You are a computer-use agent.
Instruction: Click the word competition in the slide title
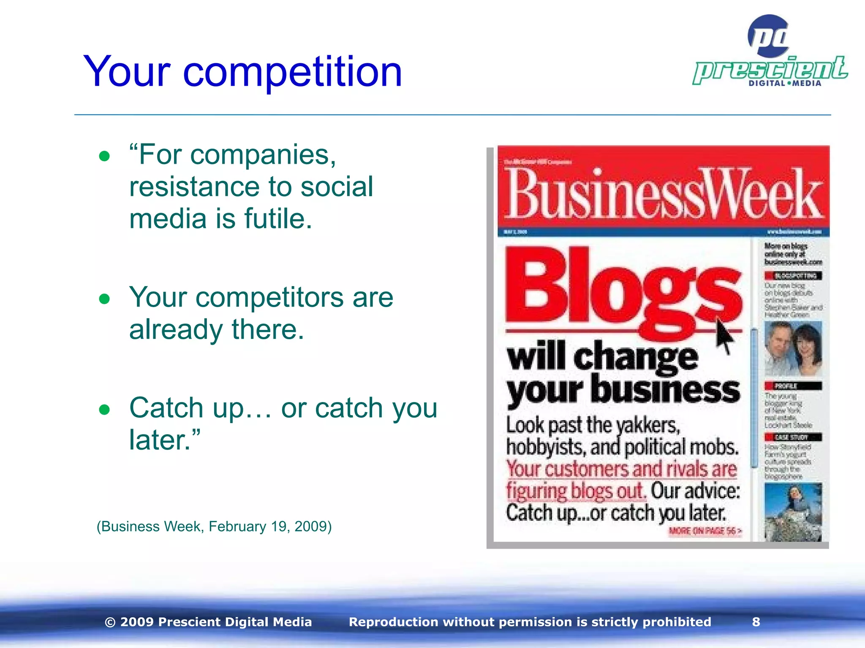(x=292, y=73)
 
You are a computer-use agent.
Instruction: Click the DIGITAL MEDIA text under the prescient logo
(x=785, y=84)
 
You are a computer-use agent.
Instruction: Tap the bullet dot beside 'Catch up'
(x=104, y=410)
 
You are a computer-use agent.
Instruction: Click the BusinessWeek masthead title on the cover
(x=663, y=194)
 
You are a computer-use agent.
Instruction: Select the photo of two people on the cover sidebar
(x=793, y=348)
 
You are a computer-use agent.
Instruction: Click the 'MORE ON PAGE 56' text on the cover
(x=705, y=531)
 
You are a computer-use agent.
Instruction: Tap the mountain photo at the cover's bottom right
(x=793, y=512)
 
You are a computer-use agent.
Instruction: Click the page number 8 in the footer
(x=756, y=622)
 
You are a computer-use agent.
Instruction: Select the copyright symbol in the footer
(x=110, y=622)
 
